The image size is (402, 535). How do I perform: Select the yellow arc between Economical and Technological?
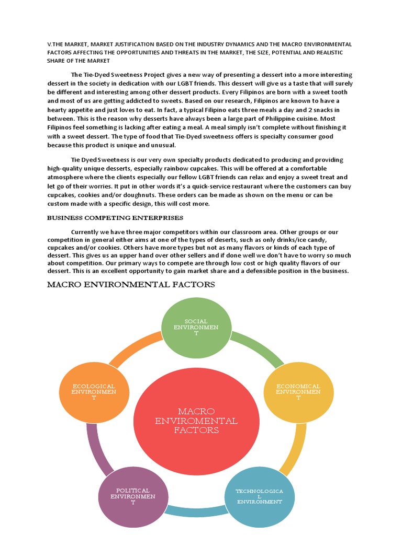click(x=294, y=449)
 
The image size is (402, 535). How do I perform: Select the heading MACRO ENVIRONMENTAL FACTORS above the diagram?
click(x=131, y=285)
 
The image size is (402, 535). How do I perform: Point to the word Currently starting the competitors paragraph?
click(x=86, y=231)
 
